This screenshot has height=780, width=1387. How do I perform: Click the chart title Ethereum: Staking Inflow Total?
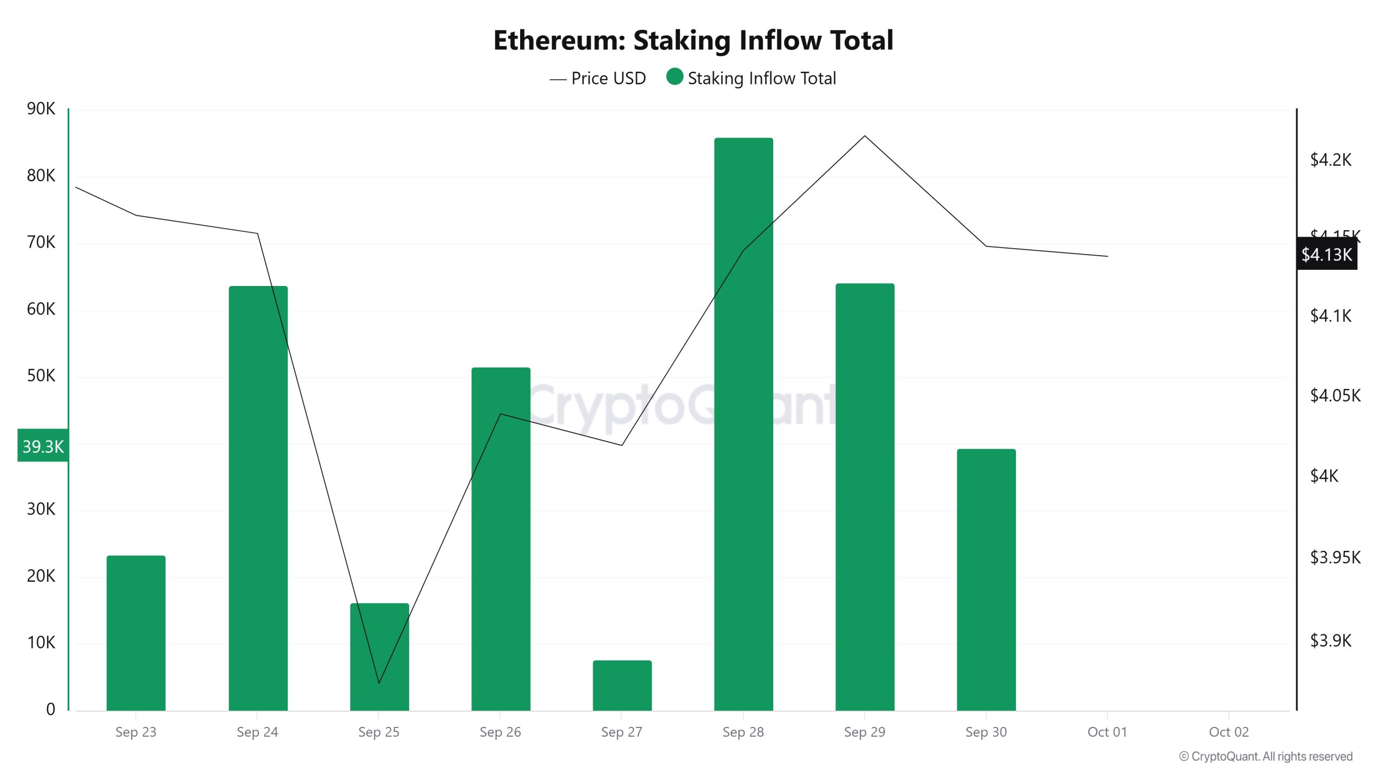click(x=693, y=41)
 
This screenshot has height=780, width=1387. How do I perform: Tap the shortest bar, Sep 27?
click(x=622, y=685)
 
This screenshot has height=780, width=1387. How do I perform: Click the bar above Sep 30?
click(x=986, y=580)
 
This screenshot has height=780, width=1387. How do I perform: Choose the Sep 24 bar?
click(x=258, y=498)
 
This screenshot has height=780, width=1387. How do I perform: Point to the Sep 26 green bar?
click(x=501, y=539)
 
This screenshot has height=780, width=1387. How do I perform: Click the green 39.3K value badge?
click(x=43, y=446)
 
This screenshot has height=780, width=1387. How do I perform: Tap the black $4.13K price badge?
click(x=1326, y=254)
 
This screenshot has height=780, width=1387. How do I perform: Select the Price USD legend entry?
click(x=598, y=79)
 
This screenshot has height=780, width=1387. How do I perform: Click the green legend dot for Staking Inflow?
click(x=674, y=77)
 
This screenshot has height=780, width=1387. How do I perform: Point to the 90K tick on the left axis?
click(x=41, y=109)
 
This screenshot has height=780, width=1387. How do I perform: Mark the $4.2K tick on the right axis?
click(x=1331, y=160)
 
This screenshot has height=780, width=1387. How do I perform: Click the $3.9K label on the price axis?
click(x=1331, y=641)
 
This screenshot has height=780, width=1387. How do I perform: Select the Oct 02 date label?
click(x=1229, y=732)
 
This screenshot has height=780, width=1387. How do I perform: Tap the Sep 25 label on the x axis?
click(x=379, y=732)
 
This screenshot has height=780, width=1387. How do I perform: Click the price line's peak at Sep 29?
click(x=865, y=136)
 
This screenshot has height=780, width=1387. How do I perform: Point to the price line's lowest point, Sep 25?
click(x=379, y=682)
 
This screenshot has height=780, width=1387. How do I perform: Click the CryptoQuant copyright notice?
click(x=1266, y=757)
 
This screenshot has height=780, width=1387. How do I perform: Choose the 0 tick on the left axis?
click(x=50, y=709)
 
